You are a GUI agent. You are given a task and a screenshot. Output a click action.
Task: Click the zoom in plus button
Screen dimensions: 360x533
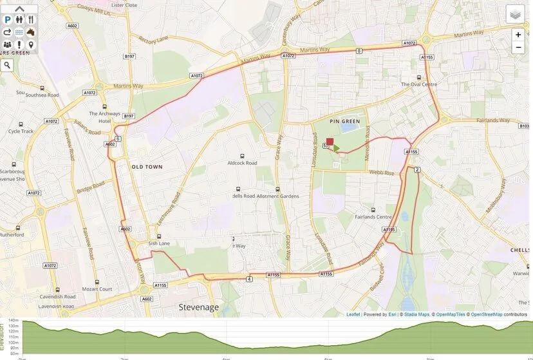(518, 35)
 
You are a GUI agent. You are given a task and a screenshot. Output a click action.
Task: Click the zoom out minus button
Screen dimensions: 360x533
(518, 48)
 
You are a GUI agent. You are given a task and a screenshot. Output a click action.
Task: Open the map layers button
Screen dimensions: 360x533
(515, 14)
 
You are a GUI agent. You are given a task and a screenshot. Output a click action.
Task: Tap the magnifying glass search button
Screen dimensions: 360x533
(7, 65)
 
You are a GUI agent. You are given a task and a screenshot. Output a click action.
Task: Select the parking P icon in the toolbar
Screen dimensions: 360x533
(8, 20)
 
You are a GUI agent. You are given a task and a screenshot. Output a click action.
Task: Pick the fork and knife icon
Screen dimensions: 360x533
(30, 20)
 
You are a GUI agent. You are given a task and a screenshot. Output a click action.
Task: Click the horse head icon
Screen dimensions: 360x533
(30, 32)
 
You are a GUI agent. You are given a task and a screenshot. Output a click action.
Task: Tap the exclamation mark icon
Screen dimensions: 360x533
(19, 44)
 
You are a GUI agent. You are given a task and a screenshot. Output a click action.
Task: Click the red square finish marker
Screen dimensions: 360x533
(330, 142)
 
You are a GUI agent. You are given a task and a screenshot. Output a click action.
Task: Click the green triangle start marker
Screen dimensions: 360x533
(336, 148)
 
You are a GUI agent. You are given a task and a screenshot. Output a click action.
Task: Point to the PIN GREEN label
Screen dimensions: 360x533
(343, 120)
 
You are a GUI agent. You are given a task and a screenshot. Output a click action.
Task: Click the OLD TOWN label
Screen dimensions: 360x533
(147, 167)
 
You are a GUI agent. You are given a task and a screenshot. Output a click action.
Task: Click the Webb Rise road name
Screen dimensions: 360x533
(382, 172)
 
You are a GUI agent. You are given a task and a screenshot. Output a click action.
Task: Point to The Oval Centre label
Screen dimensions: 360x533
(419, 84)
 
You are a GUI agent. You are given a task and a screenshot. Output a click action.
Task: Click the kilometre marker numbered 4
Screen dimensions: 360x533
(248, 279)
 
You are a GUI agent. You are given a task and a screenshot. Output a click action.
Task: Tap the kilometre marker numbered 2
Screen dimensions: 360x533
(417, 169)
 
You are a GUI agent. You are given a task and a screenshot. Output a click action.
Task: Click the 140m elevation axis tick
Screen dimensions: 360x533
(13, 321)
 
